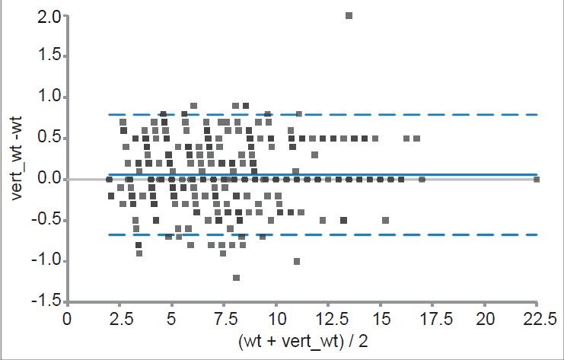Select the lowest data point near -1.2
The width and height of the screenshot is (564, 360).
point(237,278)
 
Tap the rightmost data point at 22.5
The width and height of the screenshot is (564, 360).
point(537,180)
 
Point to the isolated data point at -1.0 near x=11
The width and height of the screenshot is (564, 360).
point(297,261)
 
